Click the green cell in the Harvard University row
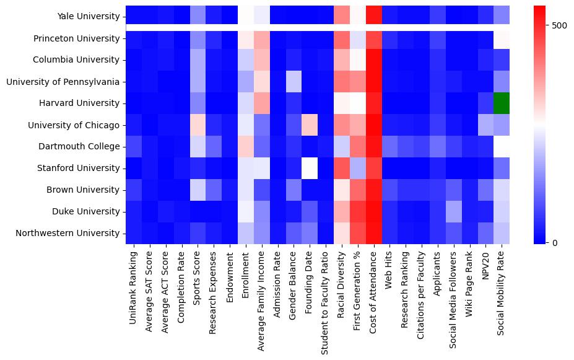(502, 103)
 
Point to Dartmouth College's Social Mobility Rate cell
(502, 146)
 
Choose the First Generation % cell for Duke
(358, 211)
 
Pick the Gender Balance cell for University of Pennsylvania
(294, 81)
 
